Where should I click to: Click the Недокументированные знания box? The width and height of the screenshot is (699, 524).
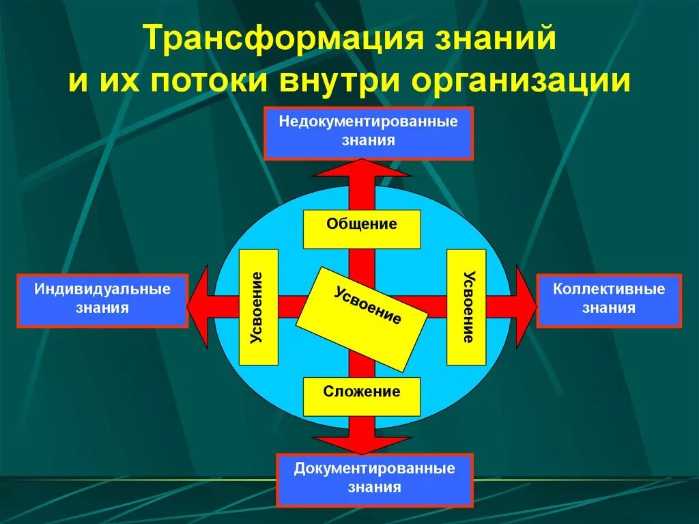pos(368,133)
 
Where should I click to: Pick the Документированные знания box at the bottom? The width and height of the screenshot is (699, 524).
pos(374,480)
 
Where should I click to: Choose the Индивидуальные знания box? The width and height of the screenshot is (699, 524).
pos(102,300)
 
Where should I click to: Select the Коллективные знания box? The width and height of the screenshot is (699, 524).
pos(609,300)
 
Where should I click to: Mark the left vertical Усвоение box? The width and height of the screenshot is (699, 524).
pos(259,307)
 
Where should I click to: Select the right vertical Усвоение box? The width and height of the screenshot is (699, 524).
pos(466,307)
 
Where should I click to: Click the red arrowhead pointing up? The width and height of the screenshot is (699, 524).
pos(362,168)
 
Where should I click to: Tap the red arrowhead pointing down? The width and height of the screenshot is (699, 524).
pos(362,445)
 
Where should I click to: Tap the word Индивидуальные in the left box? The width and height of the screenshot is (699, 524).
pos(102,289)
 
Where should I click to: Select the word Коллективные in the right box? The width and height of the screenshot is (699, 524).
pos(609,289)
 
